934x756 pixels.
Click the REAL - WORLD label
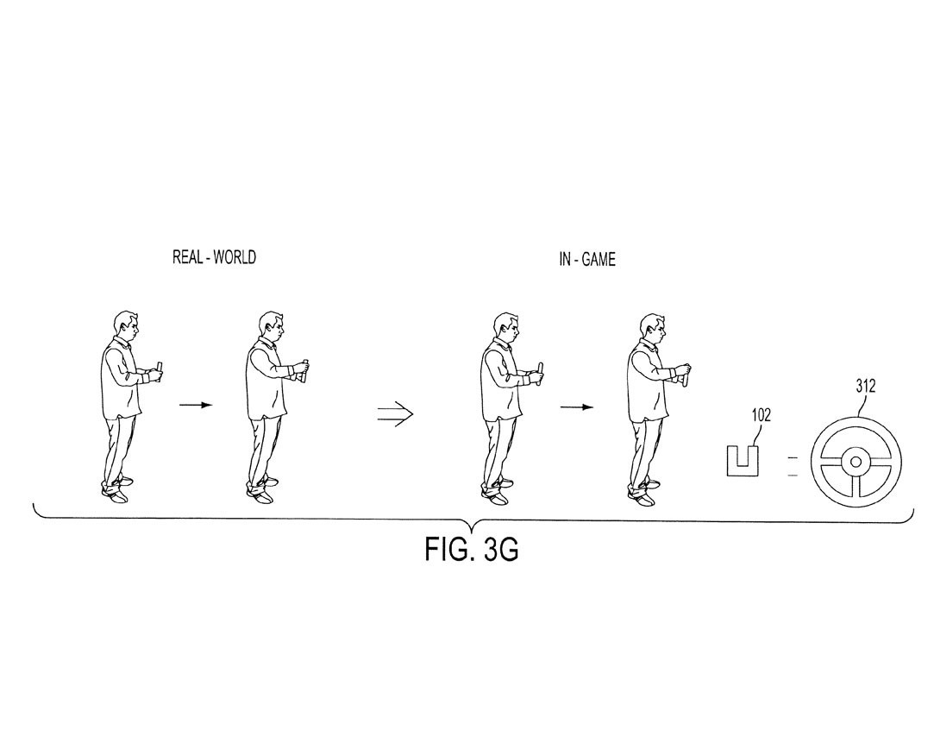[215, 257]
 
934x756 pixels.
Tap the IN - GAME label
[586, 260]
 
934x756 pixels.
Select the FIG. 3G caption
[471, 549]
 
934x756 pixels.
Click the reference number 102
[761, 415]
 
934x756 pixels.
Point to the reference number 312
[866, 387]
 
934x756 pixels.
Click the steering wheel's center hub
[856, 462]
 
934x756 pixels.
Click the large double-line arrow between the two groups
[395, 413]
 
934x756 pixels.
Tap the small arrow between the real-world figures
[196, 406]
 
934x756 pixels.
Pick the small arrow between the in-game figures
[577, 407]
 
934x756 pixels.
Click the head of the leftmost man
[127, 326]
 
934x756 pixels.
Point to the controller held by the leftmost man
[160, 372]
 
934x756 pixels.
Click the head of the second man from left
[271, 326]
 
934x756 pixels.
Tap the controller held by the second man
[304, 370]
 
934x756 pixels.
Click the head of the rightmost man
[652, 329]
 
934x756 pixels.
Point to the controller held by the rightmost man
[686, 375]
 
